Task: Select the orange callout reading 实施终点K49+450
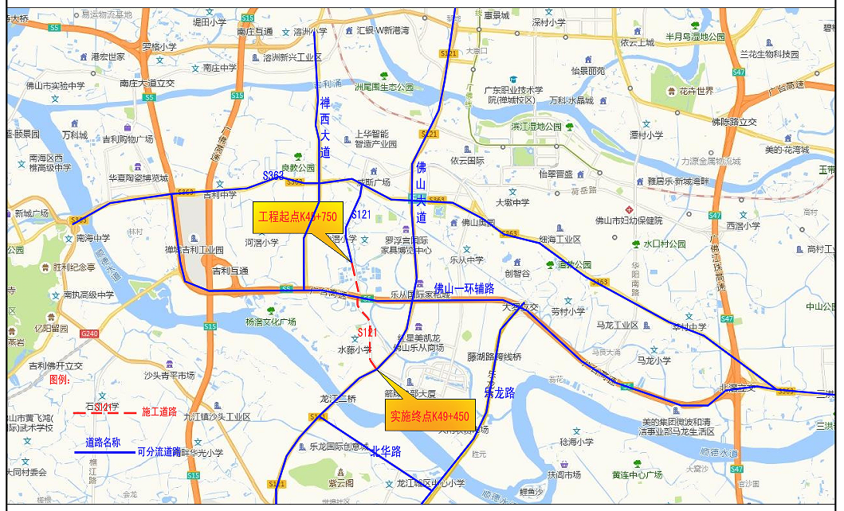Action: pyautogui.click(x=427, y=415)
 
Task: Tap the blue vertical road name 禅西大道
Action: pyautogui.click(x=324, y=127)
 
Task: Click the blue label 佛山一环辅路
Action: pyautogui.click(x=464, y=288)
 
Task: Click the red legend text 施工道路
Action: pyautogui.click(x=159, y=412)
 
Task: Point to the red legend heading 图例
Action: pyautogui.click(x=60, y=380)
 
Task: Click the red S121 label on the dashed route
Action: pyautogui.click(x=367, y=332)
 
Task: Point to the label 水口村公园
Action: pyautogui.click(x=665, y=244)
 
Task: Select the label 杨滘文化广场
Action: pyautogui.click(x=270, y=322)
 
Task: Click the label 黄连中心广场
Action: pyautogui.click(x=637, y=475)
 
